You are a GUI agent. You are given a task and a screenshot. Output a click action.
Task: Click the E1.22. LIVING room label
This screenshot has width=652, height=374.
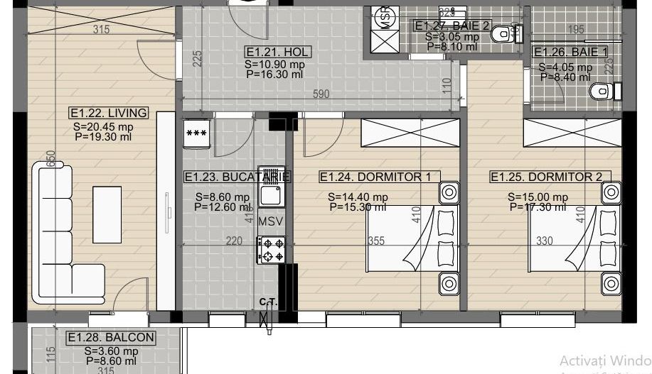(x=108, y=113)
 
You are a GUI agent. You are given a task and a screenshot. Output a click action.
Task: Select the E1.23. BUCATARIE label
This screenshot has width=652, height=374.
(x=237, y=177)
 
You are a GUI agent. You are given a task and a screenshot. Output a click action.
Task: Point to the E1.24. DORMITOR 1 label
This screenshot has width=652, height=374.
(x=375, y=177)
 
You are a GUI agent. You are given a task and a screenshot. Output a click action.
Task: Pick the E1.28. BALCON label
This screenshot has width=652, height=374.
(x=110, y=338)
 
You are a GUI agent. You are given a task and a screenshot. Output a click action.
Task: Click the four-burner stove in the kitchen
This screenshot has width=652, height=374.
(x=271, y=249)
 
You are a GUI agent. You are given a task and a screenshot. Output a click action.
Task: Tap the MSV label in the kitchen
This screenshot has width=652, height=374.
(x=270, y=221)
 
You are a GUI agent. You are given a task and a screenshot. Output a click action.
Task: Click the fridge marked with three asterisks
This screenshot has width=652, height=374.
(x=196, y=133)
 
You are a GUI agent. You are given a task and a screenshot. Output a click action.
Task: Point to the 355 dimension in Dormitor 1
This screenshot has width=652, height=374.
(x=376, y=241)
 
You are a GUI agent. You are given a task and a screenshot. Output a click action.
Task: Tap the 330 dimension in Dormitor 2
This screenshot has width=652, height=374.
(x=544, y=241)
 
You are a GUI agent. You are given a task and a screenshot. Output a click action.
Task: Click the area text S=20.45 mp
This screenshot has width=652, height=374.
(x=103, y=127)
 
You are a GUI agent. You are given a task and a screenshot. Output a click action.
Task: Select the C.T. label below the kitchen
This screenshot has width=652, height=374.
(x=268, y=302)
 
